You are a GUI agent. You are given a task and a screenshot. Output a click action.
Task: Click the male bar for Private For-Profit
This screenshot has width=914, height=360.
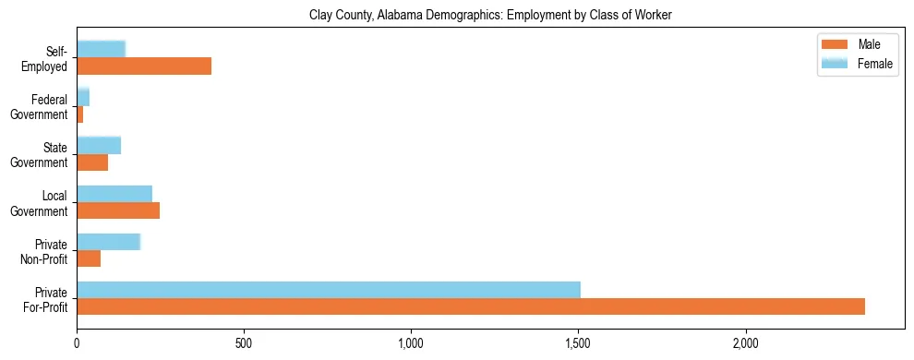(471, 306)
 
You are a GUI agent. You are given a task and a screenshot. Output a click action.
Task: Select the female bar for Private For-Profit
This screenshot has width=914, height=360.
(328, 290)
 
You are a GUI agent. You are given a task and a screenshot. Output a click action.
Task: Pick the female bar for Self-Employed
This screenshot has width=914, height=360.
(101, 50)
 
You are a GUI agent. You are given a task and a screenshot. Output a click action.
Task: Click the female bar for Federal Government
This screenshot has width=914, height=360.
(83, 98)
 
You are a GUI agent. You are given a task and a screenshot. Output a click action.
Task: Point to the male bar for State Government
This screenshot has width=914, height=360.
(92, 162)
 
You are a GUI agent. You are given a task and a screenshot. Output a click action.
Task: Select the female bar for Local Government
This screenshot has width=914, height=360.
(114, 194)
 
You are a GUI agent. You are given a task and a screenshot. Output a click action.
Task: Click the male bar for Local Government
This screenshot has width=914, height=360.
(118, 210)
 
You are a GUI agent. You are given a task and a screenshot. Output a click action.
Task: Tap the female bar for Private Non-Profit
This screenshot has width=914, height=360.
(108, 242)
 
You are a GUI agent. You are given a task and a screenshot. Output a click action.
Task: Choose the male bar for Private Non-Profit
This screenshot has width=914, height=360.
(89, 258)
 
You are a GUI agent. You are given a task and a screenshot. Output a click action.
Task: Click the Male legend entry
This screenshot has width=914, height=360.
(859, 45)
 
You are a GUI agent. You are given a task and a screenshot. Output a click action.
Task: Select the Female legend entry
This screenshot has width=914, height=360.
(859, 64)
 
